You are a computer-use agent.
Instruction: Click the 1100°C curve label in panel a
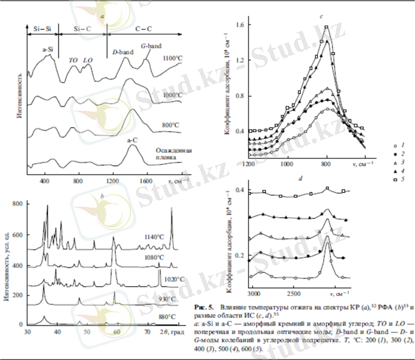(174, 58)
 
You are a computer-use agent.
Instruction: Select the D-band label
(123, 52)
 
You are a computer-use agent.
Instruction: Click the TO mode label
(73, 60)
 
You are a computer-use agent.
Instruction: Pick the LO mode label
(88, 60)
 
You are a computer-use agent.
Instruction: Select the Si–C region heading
(82, 28)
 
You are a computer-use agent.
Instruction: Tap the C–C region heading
(143, 28)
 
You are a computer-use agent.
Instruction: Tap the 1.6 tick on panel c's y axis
(241, 25)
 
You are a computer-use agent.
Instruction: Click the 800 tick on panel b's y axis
(19, 204)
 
